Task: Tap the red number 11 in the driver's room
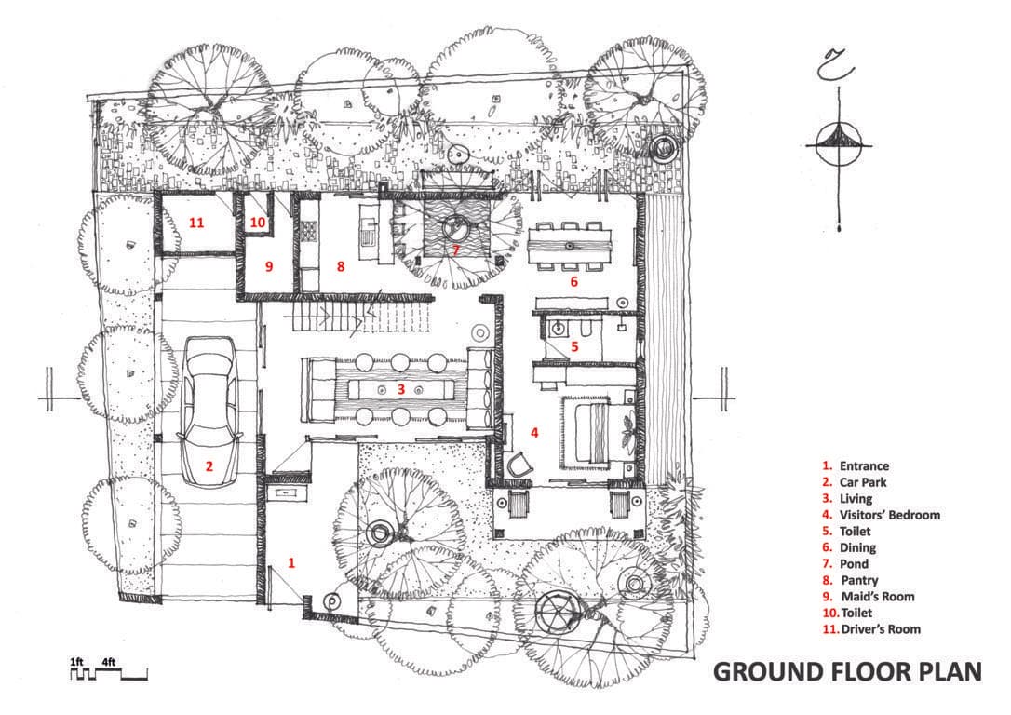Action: tap(196, 223)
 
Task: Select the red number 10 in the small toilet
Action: tap(258, 223)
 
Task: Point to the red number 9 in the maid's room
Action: tap(268, 266)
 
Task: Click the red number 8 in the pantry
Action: tap(341, 266)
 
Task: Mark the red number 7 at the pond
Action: tap(456, 250)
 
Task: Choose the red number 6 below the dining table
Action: tap(573, 280)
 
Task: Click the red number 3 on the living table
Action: tap(400, 389)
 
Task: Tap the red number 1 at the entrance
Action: tap(291, 562)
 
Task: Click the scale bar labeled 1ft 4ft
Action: tap(108, 669)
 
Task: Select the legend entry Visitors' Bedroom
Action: tap(889, 515)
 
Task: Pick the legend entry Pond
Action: tap(854, 564)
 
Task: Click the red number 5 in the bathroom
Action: tap(574, 345)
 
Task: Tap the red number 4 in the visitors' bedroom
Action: tap(534, 432)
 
